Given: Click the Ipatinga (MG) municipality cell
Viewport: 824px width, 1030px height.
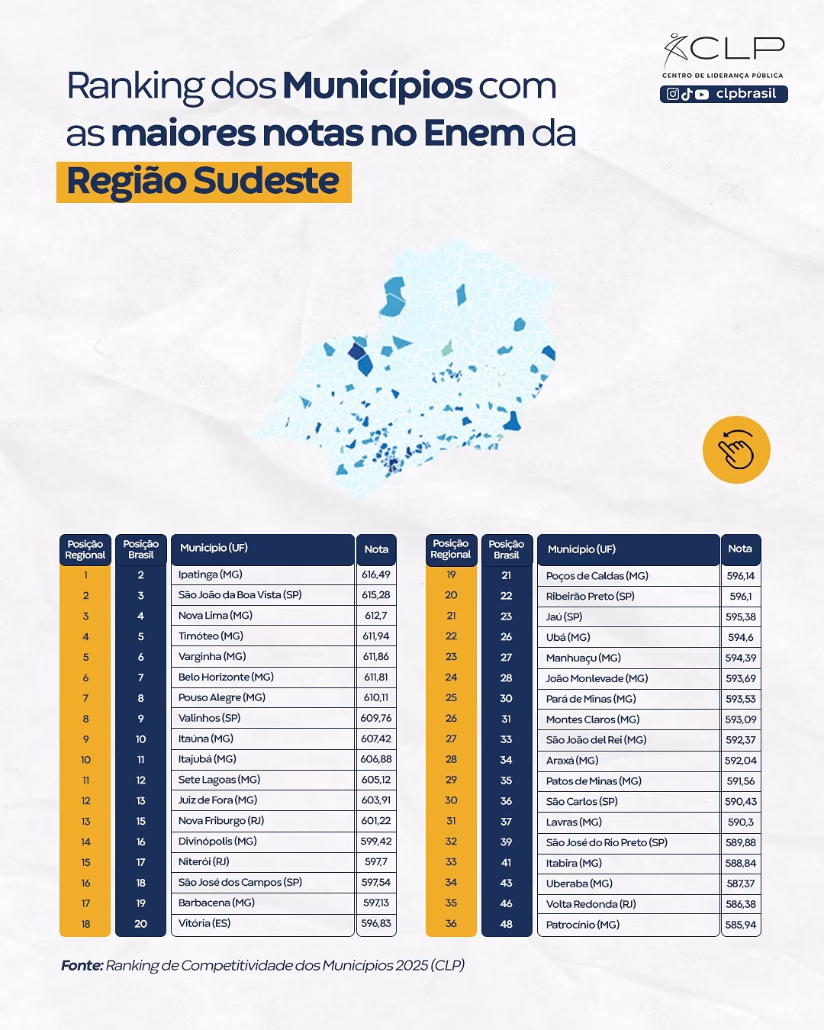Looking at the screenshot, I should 211,575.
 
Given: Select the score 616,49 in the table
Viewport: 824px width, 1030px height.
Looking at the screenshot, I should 376,575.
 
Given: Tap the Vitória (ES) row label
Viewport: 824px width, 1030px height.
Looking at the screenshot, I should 204,923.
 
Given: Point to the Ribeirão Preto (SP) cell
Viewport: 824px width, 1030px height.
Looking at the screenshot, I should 591,596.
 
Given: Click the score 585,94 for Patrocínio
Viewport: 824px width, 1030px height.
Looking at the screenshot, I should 740,925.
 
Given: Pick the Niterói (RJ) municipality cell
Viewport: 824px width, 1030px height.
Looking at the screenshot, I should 204,861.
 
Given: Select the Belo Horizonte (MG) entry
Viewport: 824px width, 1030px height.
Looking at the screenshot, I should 226,677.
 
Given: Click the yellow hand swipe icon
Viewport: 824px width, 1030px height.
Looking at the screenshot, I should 736,449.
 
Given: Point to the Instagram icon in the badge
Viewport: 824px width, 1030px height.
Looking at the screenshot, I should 673,94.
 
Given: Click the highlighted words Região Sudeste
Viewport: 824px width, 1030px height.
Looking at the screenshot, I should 203,182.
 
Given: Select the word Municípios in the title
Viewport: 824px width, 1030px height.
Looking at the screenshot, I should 377,85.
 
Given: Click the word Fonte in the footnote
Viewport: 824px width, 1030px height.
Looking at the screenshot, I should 82,965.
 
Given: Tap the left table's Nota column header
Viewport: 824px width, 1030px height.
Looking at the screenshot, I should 376,549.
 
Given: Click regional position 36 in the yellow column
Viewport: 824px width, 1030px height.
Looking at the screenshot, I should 451,924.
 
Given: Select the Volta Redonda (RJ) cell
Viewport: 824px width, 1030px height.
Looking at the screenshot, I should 592,904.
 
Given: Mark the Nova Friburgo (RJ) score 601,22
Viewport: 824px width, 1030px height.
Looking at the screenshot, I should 376,821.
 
